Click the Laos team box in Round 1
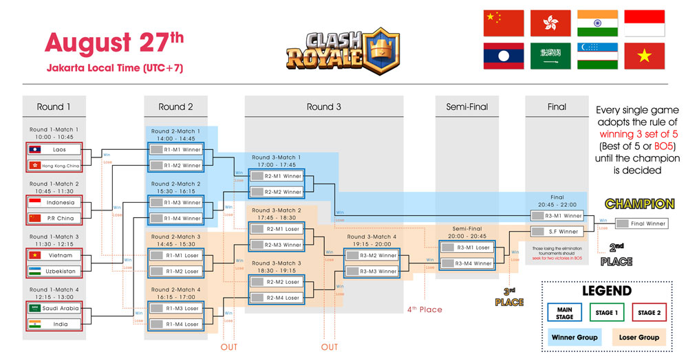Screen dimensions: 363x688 tap(54, 148)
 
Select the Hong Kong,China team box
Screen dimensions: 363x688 tap(54, 165)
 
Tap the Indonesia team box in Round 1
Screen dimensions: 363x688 tap(54, 202)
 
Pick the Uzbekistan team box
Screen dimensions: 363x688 tap(54, 272)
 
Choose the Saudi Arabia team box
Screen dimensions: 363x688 tap(54, 308)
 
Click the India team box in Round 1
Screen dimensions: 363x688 tap(54, 324)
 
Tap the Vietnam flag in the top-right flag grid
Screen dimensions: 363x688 tap(644, 55)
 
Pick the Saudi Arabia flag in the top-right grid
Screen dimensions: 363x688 tap(550, 55)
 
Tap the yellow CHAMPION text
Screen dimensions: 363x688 tap(639, 204)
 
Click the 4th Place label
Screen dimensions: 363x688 tap(424, 309)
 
